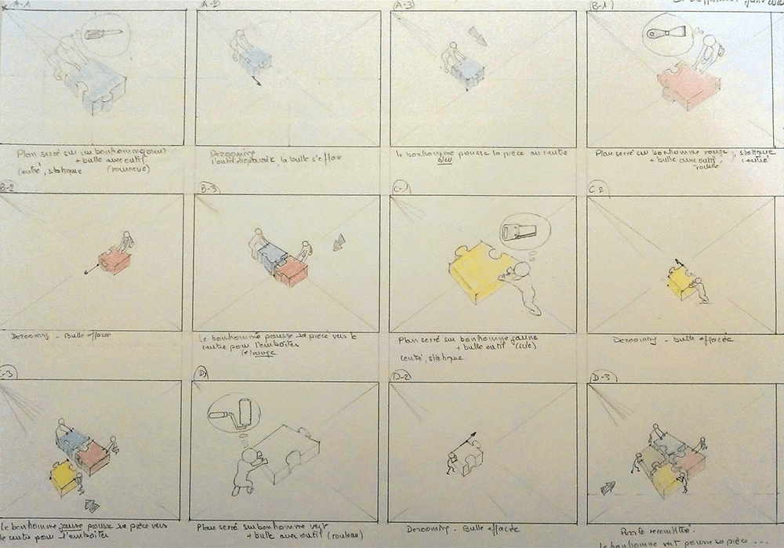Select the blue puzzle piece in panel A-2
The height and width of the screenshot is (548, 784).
pyautogui.click(x=255, y=61)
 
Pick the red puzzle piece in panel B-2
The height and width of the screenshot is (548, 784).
pyautogui.click(x=115, y=260)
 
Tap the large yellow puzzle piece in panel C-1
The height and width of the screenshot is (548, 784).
pyautogui.click(x=478, y=270)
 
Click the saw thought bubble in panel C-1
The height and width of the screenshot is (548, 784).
pyautogui.click(x=521, y=234)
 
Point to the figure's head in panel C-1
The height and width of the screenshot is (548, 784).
pyautogui.click(x=521, y=270)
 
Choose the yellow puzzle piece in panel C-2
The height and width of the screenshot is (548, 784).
pyautogui.click(x=679, y=282)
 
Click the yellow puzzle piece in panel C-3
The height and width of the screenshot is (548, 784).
pyautogui.click(x=64, y=477)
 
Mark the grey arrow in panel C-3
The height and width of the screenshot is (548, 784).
pyautogui.click(x=92, y=506)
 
